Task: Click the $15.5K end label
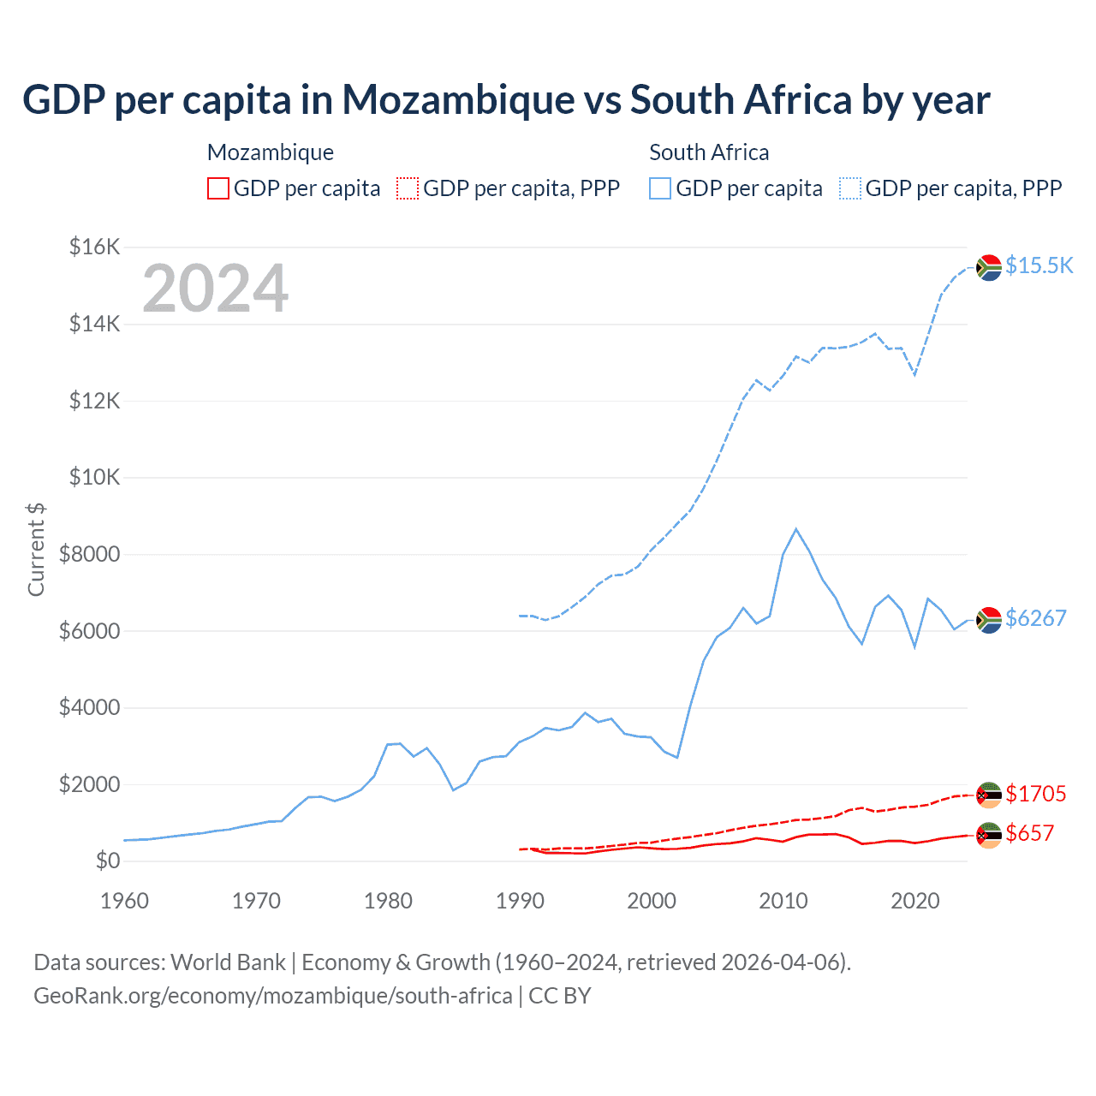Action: [1039, 265]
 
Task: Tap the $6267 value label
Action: [1035, 618]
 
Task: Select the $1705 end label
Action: [1035, 794]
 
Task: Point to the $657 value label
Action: [1029, 833]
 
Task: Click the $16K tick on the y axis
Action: [94, 247]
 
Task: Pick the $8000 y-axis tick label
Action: [89, 554]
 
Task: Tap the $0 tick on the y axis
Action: [108, 861]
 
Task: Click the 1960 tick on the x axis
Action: [124, 901]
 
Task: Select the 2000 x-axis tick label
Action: [652, 901]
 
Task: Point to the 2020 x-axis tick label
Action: [915, 901]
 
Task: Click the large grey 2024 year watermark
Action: [215, 289]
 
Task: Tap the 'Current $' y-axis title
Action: [36, 549]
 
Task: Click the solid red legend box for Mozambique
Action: [218, 188]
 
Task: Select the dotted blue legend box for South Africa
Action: [850, 188]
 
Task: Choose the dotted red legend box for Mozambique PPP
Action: [408, 188]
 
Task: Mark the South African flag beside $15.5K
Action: [989, 267]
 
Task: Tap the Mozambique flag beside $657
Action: [989, 834]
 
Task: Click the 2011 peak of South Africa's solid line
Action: [796, 529]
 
